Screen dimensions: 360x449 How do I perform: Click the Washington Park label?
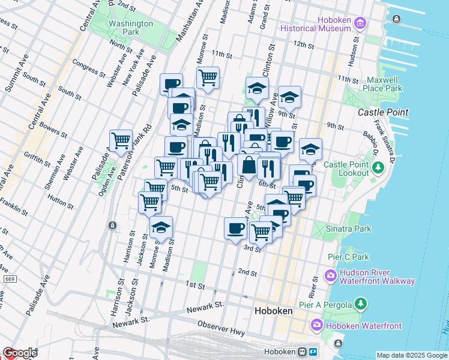click(131, 28)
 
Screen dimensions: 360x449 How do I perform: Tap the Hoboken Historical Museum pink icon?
click(360, 23)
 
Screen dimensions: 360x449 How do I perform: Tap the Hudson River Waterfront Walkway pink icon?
click(331, 276)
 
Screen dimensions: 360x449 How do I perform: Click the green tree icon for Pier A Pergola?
click(361, 304)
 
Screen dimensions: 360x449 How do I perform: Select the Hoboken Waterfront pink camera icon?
click(317, 325)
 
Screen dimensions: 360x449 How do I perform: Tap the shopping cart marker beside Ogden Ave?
click(121, 141)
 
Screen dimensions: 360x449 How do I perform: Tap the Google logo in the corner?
click(20, 353)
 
